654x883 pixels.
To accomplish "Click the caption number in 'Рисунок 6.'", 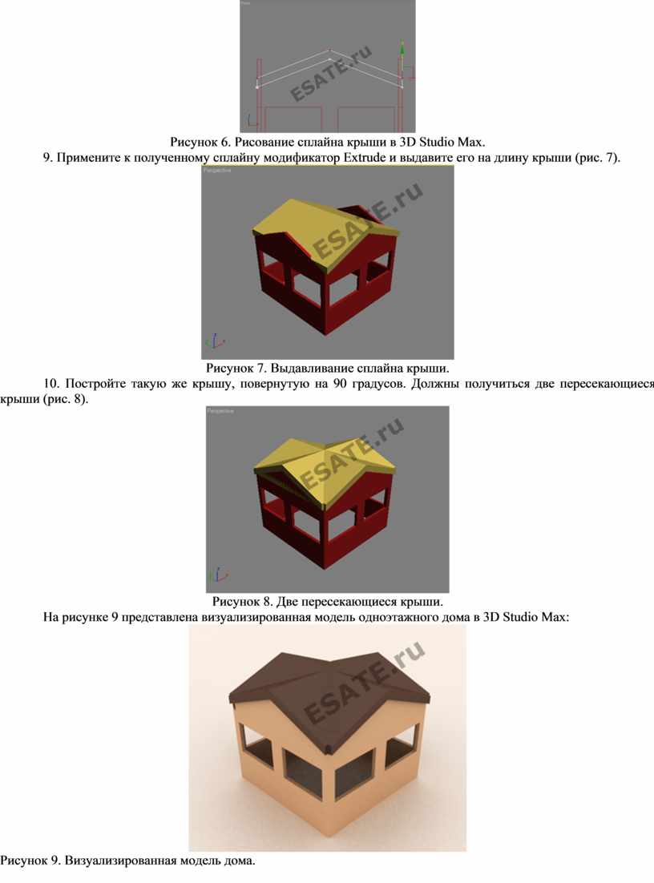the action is tap(223, 142).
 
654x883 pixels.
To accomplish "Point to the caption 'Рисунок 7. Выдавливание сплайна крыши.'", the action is tap(327, 369).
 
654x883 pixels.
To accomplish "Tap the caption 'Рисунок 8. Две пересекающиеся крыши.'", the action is tap(327, 602).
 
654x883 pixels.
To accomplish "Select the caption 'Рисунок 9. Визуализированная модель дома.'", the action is tap(128, 861).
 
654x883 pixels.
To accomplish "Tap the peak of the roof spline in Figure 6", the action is tap(329, 50).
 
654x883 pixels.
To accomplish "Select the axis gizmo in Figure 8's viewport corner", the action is tap(217, 575).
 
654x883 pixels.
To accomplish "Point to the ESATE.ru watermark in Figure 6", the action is tap(331, 73).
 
